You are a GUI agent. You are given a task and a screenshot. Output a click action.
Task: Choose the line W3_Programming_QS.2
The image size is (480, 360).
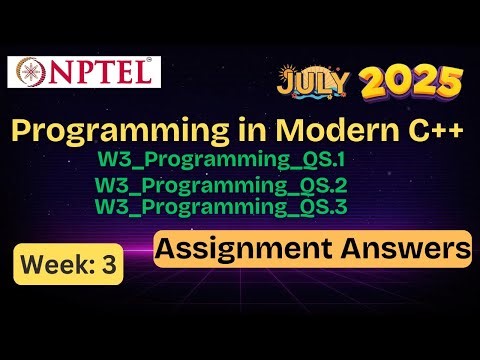click(229, 187)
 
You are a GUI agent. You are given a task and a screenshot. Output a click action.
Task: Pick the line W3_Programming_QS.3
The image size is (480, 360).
click(228, 206)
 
